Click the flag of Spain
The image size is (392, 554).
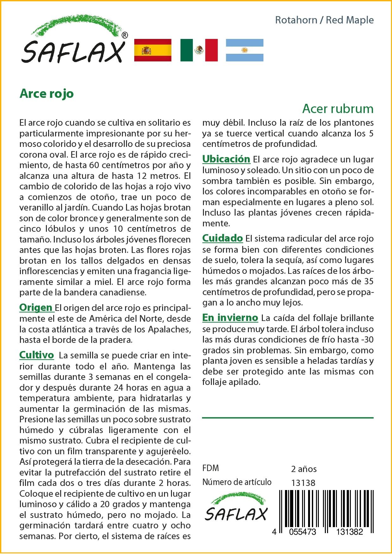coord(153,50)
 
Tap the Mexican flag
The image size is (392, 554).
coord(199,50)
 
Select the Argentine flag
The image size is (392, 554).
coord(244,50)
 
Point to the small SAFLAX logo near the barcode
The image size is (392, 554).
coord(236,508)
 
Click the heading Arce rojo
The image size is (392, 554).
coord(47,93)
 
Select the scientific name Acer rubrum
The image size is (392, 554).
coord(338,109)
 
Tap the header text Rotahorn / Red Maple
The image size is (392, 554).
coord(324,20)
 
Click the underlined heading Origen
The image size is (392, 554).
coord(36,307)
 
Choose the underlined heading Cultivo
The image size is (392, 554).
coord(36,355)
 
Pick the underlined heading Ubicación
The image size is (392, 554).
coord(226,159)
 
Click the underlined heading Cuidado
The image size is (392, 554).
coord(222,238)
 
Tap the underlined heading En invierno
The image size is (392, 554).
coord(230,318)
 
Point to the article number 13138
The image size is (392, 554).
coord(303,483)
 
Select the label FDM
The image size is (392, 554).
coord(210,468)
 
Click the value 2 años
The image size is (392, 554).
coord(304,469)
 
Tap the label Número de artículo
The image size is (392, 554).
coord(237,482)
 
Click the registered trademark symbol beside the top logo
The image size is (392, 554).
coord(125,35)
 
